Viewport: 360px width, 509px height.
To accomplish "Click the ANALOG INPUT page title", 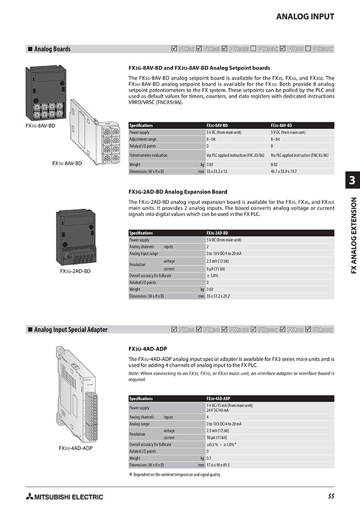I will point(305,17).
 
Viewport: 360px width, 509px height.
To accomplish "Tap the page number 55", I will point(331,496).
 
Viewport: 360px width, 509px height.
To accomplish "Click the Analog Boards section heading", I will point(52,49).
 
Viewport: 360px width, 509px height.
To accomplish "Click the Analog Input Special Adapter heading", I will point(70,330).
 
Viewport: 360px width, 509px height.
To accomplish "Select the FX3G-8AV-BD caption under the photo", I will point(40,126).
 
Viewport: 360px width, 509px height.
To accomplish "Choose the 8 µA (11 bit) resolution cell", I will point(219,268).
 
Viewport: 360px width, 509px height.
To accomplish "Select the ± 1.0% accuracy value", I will point(213,275).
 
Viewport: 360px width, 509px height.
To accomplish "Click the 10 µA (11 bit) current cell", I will point(220,437).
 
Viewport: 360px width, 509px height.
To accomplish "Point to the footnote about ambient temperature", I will point(174,475).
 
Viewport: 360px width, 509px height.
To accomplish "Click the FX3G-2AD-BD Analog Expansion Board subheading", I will point(178,192).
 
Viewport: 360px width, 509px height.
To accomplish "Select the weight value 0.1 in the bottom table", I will point(209,458).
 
